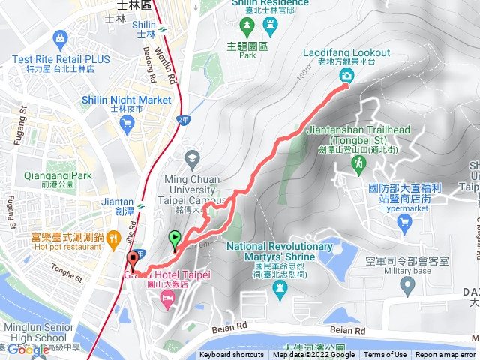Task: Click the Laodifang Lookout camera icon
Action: [346, 76]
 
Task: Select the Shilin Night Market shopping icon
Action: [127, 124]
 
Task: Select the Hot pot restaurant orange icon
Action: [113, 239]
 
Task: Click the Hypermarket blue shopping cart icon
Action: [405, 220]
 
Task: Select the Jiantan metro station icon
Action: [139, 202]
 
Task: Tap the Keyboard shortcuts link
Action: [231, 355]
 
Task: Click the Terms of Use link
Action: [385, 355]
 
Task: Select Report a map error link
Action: [445, 355]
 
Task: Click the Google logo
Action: [28, 349]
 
